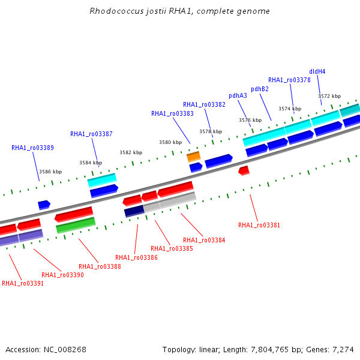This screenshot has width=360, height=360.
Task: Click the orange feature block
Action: tap(194, 157)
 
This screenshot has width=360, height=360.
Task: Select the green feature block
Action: tap(76, 226)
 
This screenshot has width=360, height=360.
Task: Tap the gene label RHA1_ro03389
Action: tap(32, 148)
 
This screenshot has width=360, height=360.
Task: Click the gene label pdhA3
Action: tap(238, 96)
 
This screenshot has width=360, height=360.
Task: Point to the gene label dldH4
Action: tap(317, 71)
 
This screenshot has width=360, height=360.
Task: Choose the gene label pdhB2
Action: tap(260, 89)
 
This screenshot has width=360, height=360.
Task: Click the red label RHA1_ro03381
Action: tap(259, 225)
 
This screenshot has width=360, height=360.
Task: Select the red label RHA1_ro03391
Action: tap(23, 283)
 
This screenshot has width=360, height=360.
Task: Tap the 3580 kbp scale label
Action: tap(170, 142)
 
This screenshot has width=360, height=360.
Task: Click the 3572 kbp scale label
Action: tap(329, 96)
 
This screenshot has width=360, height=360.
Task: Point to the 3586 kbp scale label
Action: tap(50, 172)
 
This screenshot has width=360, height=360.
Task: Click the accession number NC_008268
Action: tap(65, 350)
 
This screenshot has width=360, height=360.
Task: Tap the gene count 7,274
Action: tap(343, 350)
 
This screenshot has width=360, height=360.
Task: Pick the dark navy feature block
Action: tap(134, 211)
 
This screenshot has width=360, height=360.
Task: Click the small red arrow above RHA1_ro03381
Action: tap(244, 170)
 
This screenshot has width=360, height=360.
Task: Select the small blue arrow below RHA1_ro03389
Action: tap(44, 205)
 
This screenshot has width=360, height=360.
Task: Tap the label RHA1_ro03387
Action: tap(91, 134)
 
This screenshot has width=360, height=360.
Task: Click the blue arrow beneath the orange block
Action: tap(196, 167)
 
